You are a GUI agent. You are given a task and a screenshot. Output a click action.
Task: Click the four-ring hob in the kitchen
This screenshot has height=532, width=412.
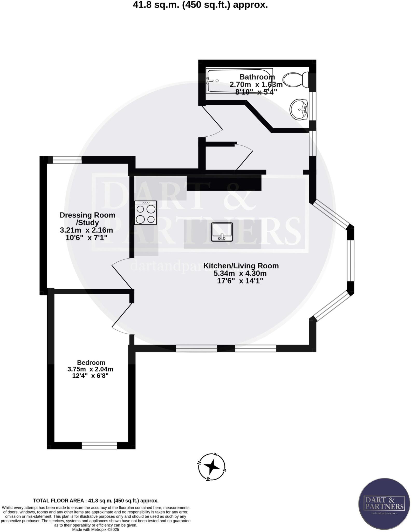pos(146,213)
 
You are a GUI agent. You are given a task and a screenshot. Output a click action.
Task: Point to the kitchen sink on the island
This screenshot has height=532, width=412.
pos(222,232)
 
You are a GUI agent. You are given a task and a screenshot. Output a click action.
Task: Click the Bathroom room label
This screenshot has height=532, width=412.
pos(257,77)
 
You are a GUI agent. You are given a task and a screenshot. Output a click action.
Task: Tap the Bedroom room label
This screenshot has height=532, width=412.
pos(91,363)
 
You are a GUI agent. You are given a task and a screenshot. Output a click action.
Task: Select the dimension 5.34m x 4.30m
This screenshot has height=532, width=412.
pos(240,273)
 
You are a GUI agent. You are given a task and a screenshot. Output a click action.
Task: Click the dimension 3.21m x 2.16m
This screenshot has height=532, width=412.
pos(86,230)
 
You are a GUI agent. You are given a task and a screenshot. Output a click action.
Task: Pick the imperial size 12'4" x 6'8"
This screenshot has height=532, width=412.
pos(90,376)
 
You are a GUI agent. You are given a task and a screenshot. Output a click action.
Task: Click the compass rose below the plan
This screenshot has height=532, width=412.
pos(212,467)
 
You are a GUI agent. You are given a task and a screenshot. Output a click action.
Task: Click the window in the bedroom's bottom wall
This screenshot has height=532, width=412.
pos(99,446)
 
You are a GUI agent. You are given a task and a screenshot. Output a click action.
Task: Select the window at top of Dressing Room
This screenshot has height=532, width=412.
pos(67,160)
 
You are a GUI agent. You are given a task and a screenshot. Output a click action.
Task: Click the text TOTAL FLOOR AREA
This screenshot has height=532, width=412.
pos(60,501)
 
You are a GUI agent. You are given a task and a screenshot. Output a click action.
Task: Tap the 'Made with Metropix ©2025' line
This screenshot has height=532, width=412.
pos(95,529)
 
